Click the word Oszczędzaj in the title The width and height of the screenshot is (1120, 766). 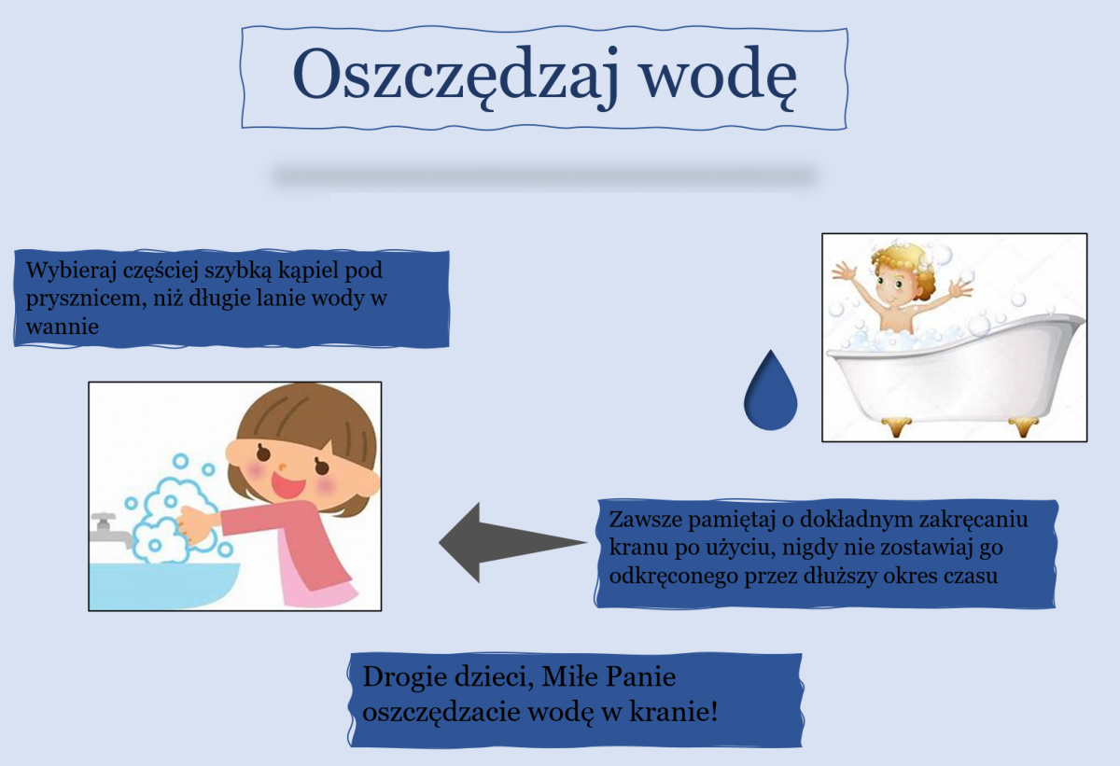455,77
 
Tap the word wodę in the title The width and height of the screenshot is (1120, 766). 719,77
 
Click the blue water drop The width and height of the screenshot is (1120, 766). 771,390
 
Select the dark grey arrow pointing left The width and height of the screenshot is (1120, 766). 512,542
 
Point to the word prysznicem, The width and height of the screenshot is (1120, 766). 86,299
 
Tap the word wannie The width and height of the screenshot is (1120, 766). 62,327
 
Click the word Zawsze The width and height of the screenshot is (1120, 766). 645,520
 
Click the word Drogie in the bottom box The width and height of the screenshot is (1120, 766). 405,678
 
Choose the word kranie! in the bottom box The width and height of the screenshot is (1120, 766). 674,712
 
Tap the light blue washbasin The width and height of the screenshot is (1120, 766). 164,585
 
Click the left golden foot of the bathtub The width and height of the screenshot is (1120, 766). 896,426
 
